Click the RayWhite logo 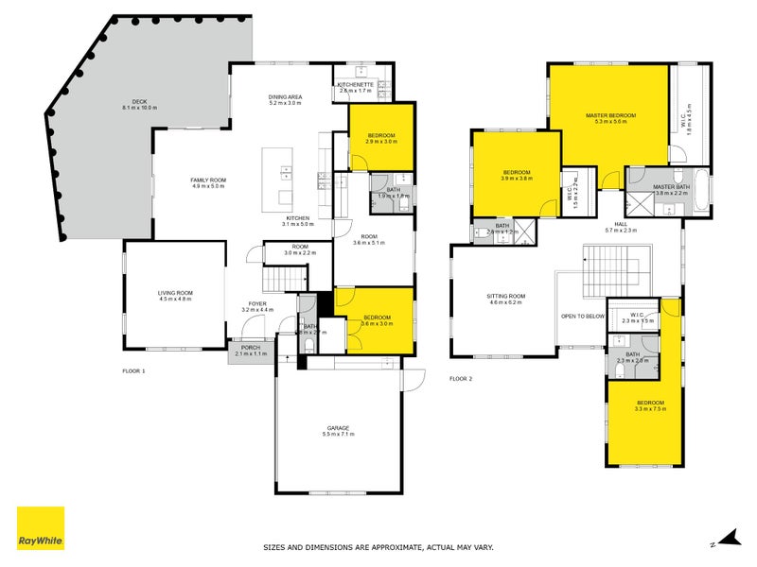(41, 528)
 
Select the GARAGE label (338, 429)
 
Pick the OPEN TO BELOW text (582, 317)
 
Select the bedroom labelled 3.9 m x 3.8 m (517, 175)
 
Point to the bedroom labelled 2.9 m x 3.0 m (381, 138)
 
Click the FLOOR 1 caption (134, 371)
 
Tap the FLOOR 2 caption (460, 379)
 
